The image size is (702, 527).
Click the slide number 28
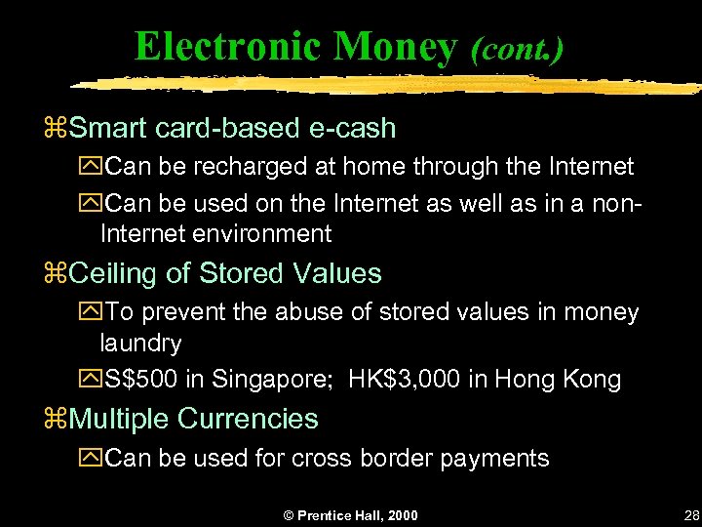[x=692, y=515]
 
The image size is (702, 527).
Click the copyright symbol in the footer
[x=289, y=515]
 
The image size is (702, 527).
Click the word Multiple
[x=119, y=419]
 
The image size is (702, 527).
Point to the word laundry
[x=140, y=343]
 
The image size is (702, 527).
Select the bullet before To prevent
[x=93, y=313]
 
